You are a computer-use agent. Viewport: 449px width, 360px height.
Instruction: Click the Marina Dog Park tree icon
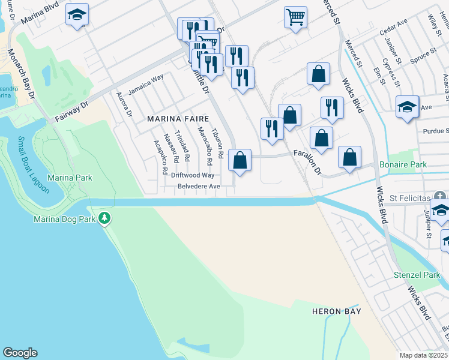pyautogui.click(x=105, y=217)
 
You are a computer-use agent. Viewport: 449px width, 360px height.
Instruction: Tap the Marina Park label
pyautogui.click(x=70, y=178)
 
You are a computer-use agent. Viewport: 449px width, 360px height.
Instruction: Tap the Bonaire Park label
pyautogui.click(x=402, y=164)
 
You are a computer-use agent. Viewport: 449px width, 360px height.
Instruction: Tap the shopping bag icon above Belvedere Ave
pyautogui.click(x=240, y=160)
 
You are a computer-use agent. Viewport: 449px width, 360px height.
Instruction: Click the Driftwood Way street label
pyautogui.click(x=192, y=175)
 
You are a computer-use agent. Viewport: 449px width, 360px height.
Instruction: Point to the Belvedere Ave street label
pyautogui.click(x=199, y=187)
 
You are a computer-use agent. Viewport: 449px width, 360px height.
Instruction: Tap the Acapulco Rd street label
pyautogui.click(x=160, y=157)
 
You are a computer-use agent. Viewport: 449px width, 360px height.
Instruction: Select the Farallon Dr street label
pyautogui.click(x=308, y=162)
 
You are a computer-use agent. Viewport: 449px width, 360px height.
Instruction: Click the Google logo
pyautogui.click(x=20, y=353)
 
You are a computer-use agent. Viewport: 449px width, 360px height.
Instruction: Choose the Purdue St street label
pyautogui.click(x=435, y=131)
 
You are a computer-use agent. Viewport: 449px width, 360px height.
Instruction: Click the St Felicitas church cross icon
pyautogui.click(x=440, y=196)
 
